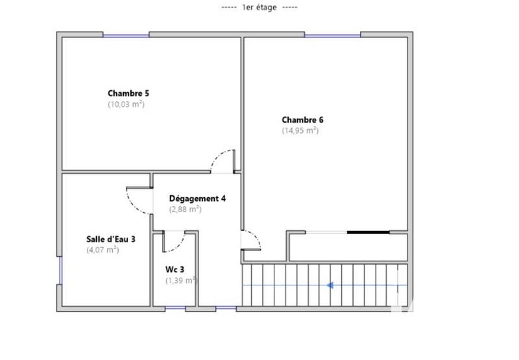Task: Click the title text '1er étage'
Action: pyautogui.click(x=259, y=8)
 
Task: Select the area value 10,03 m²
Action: pyautogui.click(x=126, y=104)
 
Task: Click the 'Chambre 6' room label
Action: pyautogui.click(x=302, y=120)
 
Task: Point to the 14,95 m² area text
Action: pyautogui.click(x=300, y=130)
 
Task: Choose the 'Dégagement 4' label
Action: pyautogui.click(x=197, y=198)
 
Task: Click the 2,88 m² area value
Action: pyautogui.click(x=186, y=210)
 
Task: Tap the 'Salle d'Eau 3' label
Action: pyautogui.click(x=111, y=239)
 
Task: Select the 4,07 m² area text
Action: pyautogui.click(x=103, y=250)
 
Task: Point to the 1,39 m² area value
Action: pyautogui.click(x=181, y=280)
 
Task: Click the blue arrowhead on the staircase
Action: pyautogui.click(x=330, y=284)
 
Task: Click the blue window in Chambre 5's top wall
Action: pyautogui.click(x=126, y=34)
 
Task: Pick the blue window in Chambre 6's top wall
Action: pyautogui.click(x=333, y=34)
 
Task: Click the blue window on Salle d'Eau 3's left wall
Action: pyautogui.click(x=60, y=271)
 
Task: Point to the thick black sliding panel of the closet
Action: pyautogui.click(x=368, y=232)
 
